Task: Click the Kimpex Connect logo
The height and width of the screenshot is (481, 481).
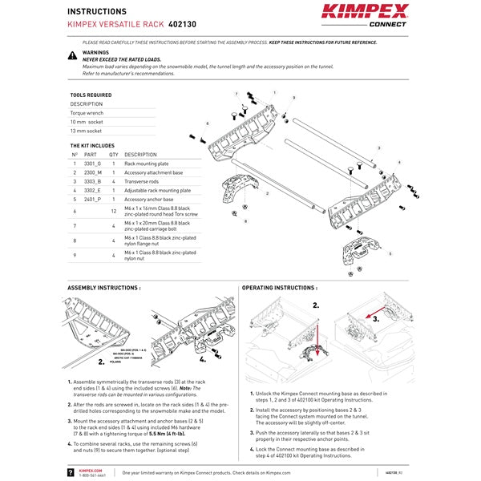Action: pos(365,16)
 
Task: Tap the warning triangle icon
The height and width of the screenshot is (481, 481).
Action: pos(73,55)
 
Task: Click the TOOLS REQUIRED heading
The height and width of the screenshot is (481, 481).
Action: pos(91,95)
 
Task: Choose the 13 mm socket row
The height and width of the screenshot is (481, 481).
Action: pos(86,130)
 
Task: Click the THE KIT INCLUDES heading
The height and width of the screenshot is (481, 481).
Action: pos(92,145)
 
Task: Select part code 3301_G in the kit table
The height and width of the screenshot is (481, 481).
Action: pos(93,163)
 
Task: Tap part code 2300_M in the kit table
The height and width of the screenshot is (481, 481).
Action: pos(93,172)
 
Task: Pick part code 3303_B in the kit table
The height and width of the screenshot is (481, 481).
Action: pos(93,182)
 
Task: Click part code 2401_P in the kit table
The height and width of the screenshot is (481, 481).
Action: pos(93,200)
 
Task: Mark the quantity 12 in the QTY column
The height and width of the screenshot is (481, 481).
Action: pos(113,211)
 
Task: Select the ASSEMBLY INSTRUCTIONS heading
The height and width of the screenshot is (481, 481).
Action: pos(104,287)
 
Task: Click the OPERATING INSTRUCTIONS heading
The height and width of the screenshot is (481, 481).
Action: pos(279,287)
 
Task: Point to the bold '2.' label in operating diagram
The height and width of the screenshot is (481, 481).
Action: pos(316,305)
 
